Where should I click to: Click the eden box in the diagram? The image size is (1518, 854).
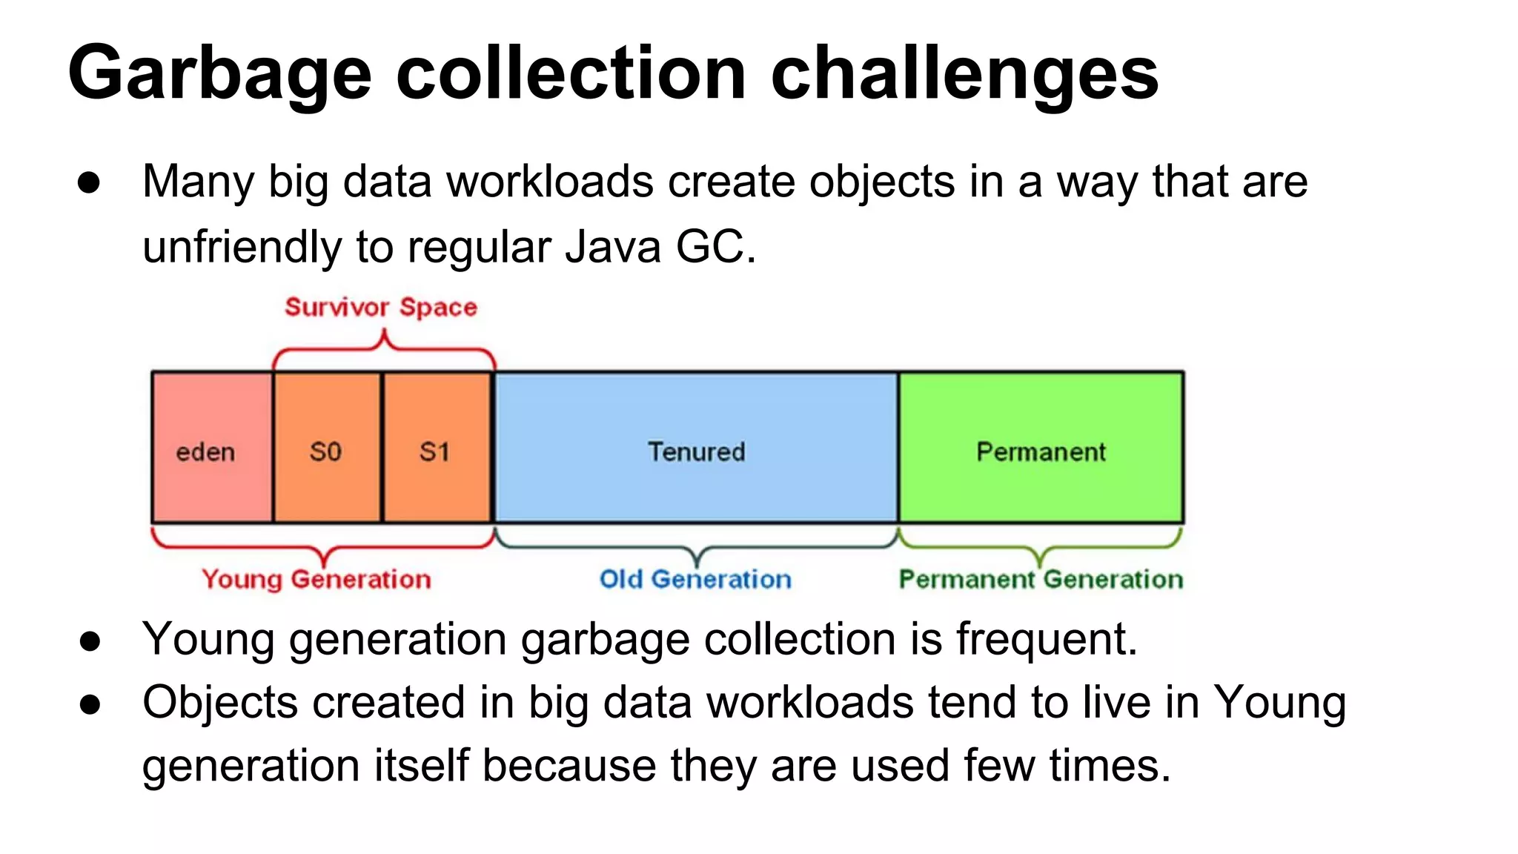coord(212,448)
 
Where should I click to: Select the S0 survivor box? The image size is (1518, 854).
coord(327,448)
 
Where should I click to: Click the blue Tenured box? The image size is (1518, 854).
coord(696,448)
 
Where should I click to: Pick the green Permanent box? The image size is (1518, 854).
coord(1041,448)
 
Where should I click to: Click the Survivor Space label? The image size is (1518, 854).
coord(381,307)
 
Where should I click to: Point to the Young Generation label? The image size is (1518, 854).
coord(316,579)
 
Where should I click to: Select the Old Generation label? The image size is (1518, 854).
coord(695,579)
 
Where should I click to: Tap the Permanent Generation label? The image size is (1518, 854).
coord(1041,579)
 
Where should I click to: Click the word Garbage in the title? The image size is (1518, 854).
coord(219,74)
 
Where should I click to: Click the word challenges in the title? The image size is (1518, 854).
coord(964,74)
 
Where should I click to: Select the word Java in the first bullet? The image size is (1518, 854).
coord(612,247)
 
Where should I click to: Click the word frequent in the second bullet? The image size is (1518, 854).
coord(1045,639)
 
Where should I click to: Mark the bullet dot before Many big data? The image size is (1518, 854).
coord(89,183)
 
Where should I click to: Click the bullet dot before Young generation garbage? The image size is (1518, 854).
coord(90,641)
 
